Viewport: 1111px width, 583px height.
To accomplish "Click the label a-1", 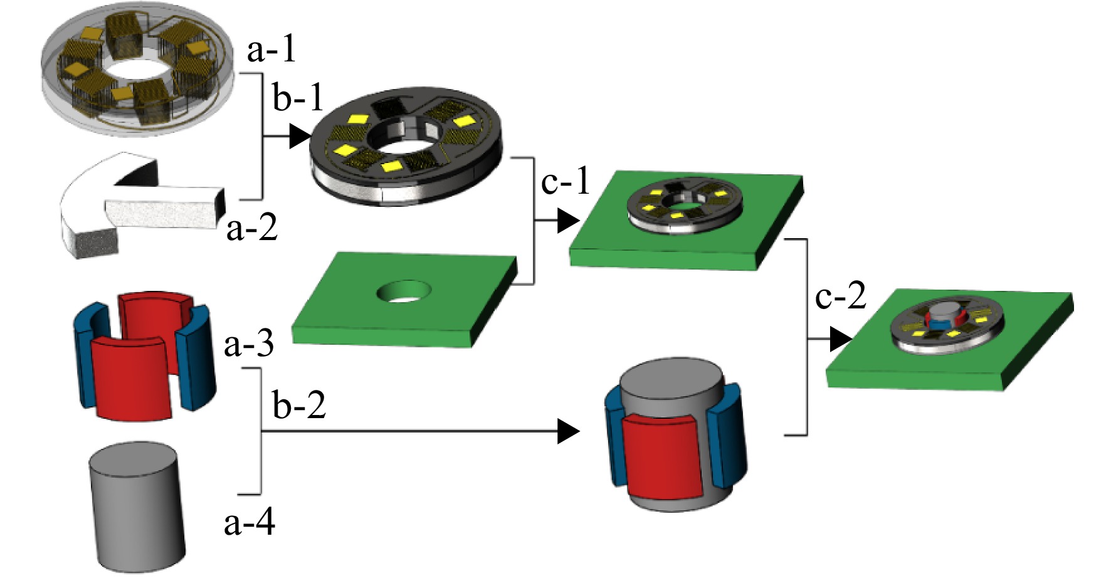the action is [271, 50].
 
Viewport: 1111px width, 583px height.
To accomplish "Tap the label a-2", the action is [251, 228].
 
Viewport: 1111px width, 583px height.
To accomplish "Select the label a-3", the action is [249, 344].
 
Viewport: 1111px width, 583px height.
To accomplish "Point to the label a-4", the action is [250, 522].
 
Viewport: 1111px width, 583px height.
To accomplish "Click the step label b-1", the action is [298, 98].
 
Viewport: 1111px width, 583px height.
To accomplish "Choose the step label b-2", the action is [299, 405].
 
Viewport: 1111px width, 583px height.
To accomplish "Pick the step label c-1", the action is [566, 182].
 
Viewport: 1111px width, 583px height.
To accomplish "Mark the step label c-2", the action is [841, 296].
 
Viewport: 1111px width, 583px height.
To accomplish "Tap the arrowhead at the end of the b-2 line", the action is [569, 431].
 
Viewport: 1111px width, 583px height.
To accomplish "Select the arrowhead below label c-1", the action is [569, 221].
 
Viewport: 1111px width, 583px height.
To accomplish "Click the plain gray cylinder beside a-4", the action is [137, 507].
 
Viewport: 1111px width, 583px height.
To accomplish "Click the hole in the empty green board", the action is [404, 291].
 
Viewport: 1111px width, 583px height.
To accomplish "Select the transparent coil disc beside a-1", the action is [138, 69].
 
